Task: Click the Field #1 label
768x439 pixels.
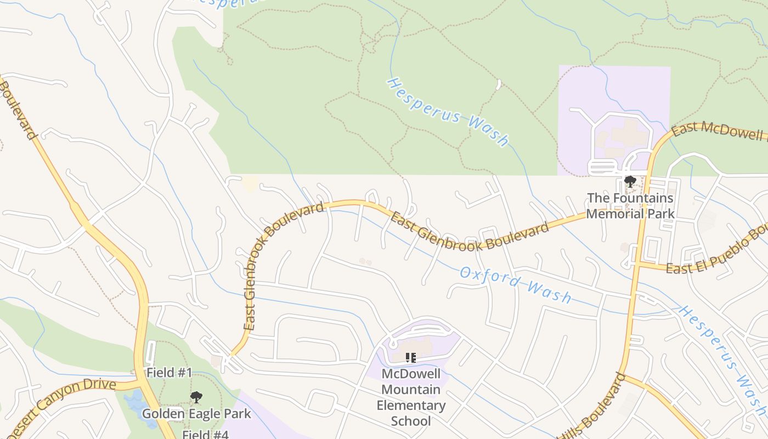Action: pos(169,373)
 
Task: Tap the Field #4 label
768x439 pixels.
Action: pos(205,435)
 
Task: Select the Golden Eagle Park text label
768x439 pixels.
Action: pos(196,414)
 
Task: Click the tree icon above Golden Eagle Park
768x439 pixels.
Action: pos(196,397)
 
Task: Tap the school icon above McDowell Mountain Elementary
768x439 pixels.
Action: pos(410,358)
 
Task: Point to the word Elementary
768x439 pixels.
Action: pos(411,406)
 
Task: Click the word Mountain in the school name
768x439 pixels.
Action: pos(411,390)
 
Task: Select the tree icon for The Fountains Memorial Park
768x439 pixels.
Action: pos(630,182)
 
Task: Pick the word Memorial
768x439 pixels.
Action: pos(630,213)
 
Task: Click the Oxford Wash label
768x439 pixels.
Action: pos(515,284)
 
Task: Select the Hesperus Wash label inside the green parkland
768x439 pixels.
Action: pos(448,112)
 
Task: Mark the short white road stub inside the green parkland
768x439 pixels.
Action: pos(498,85)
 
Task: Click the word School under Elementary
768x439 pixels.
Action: pos(411,421)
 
